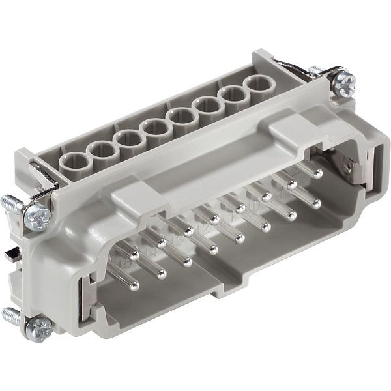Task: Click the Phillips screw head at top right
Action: click(x=345, y=82)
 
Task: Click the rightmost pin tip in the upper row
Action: click(x=318, y=174)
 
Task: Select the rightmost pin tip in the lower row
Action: click(x=317, y=204)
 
